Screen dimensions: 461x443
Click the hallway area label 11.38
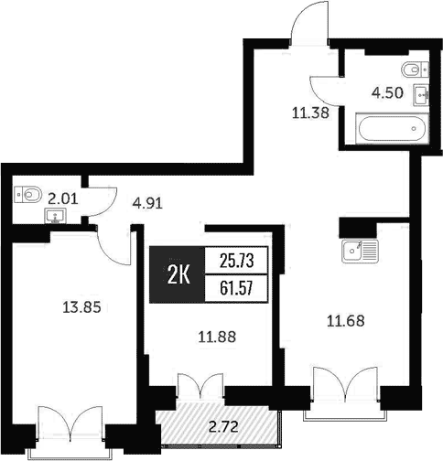pyautogui.click(x=310, y=113)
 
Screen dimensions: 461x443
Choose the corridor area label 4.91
pyautogui.click(x=147, y=203)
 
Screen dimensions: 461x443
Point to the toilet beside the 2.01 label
pyautogui.click(x=28, y=193)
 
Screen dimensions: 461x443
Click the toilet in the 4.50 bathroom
pyautogui.click(x=414, y=68)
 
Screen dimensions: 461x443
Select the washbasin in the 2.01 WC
pyautogui.click(x=55, y=217)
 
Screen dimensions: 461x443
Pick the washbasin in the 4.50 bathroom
pyautogui.click(x=423, y=91)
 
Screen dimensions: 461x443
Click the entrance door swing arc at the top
pyautogui.click(x=308, y=23)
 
